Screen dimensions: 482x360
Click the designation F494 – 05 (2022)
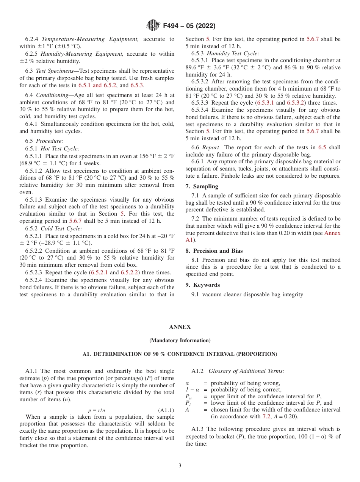189,26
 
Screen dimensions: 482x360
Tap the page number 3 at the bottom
180,465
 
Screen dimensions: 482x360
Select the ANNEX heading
180,327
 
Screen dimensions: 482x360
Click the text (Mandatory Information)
180,340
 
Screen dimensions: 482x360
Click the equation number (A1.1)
166,410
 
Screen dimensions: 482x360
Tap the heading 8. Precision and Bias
214,251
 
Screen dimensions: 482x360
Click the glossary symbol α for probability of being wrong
187,383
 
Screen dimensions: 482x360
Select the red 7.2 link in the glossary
266,416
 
